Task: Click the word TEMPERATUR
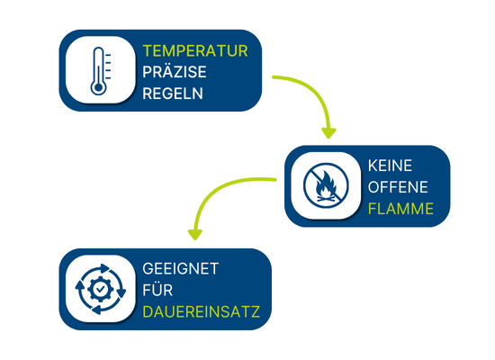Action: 195,50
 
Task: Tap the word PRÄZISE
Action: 175,71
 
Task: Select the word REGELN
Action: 173,94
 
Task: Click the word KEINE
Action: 390,166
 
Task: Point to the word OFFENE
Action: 398,187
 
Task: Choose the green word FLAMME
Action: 400,209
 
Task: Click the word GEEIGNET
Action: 181,269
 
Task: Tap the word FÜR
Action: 157,289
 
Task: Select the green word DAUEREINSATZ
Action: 201,311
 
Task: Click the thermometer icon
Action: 99,71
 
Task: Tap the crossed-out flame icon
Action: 326,185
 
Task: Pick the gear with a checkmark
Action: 101,289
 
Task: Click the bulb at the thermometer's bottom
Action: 98,87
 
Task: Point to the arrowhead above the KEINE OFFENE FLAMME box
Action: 328,132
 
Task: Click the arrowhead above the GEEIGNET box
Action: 194,234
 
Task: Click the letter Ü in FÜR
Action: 157,289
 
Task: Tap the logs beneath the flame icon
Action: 326,199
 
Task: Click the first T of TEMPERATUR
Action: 148,50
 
